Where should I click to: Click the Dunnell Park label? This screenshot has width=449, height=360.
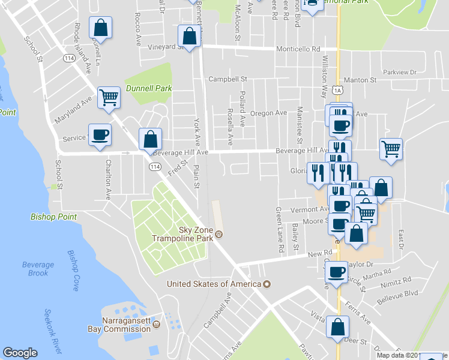[149, 88]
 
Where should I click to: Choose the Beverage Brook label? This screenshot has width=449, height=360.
[38, 269]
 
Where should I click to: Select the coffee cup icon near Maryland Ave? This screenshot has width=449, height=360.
[100, 134]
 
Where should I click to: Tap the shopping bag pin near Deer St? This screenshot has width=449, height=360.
[337, 326]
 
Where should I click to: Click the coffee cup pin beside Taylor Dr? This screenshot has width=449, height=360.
[336, 272]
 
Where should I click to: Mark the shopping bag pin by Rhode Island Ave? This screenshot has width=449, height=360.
[100, 28]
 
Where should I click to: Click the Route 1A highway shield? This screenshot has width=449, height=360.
[340, 90]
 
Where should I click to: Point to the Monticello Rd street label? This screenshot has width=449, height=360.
[298, 49]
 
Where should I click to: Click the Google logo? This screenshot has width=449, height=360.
[20, 353]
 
